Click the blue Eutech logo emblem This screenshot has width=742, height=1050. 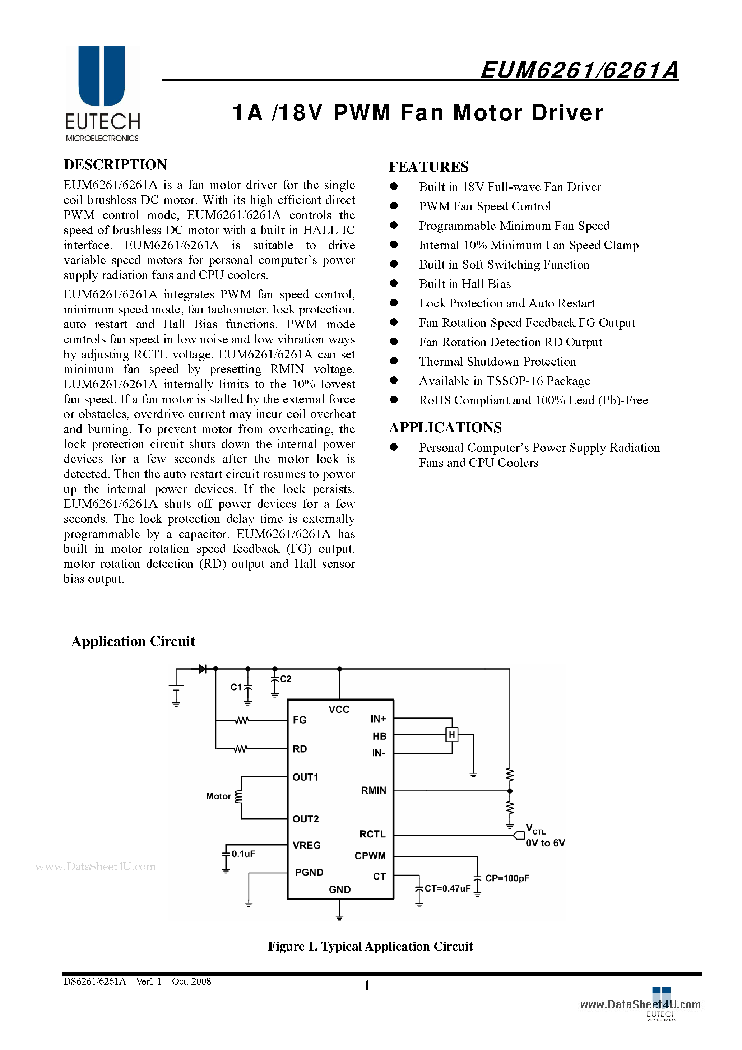coord(102,75)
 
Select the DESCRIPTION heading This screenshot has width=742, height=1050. coord(115,164)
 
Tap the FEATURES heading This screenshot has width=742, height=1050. coord(428,167)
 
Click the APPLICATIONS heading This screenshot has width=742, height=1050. coord(445,428)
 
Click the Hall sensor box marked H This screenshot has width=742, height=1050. coord(451,735)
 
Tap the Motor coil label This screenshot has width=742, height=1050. coord(218,796)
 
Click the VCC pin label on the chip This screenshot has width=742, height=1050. coord(339,709)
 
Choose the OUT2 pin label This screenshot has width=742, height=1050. coord(306,819)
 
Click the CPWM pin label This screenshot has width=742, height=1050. coord(370,856)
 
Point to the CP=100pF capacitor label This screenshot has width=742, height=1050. coord(507,878)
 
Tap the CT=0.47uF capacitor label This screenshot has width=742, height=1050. coord(447,888)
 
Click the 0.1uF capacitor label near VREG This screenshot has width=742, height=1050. coord(243,854)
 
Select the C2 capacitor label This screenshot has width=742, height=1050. coord(286,679)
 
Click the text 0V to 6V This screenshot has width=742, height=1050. coord(545,843)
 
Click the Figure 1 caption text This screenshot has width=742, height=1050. coord(370,946)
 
